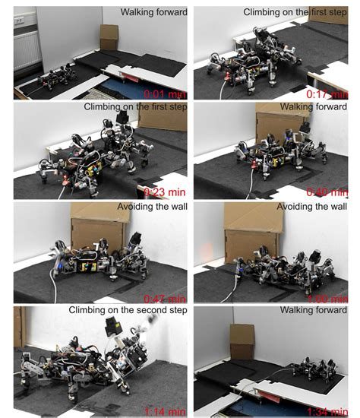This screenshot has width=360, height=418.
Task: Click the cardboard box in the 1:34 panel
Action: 242,334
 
